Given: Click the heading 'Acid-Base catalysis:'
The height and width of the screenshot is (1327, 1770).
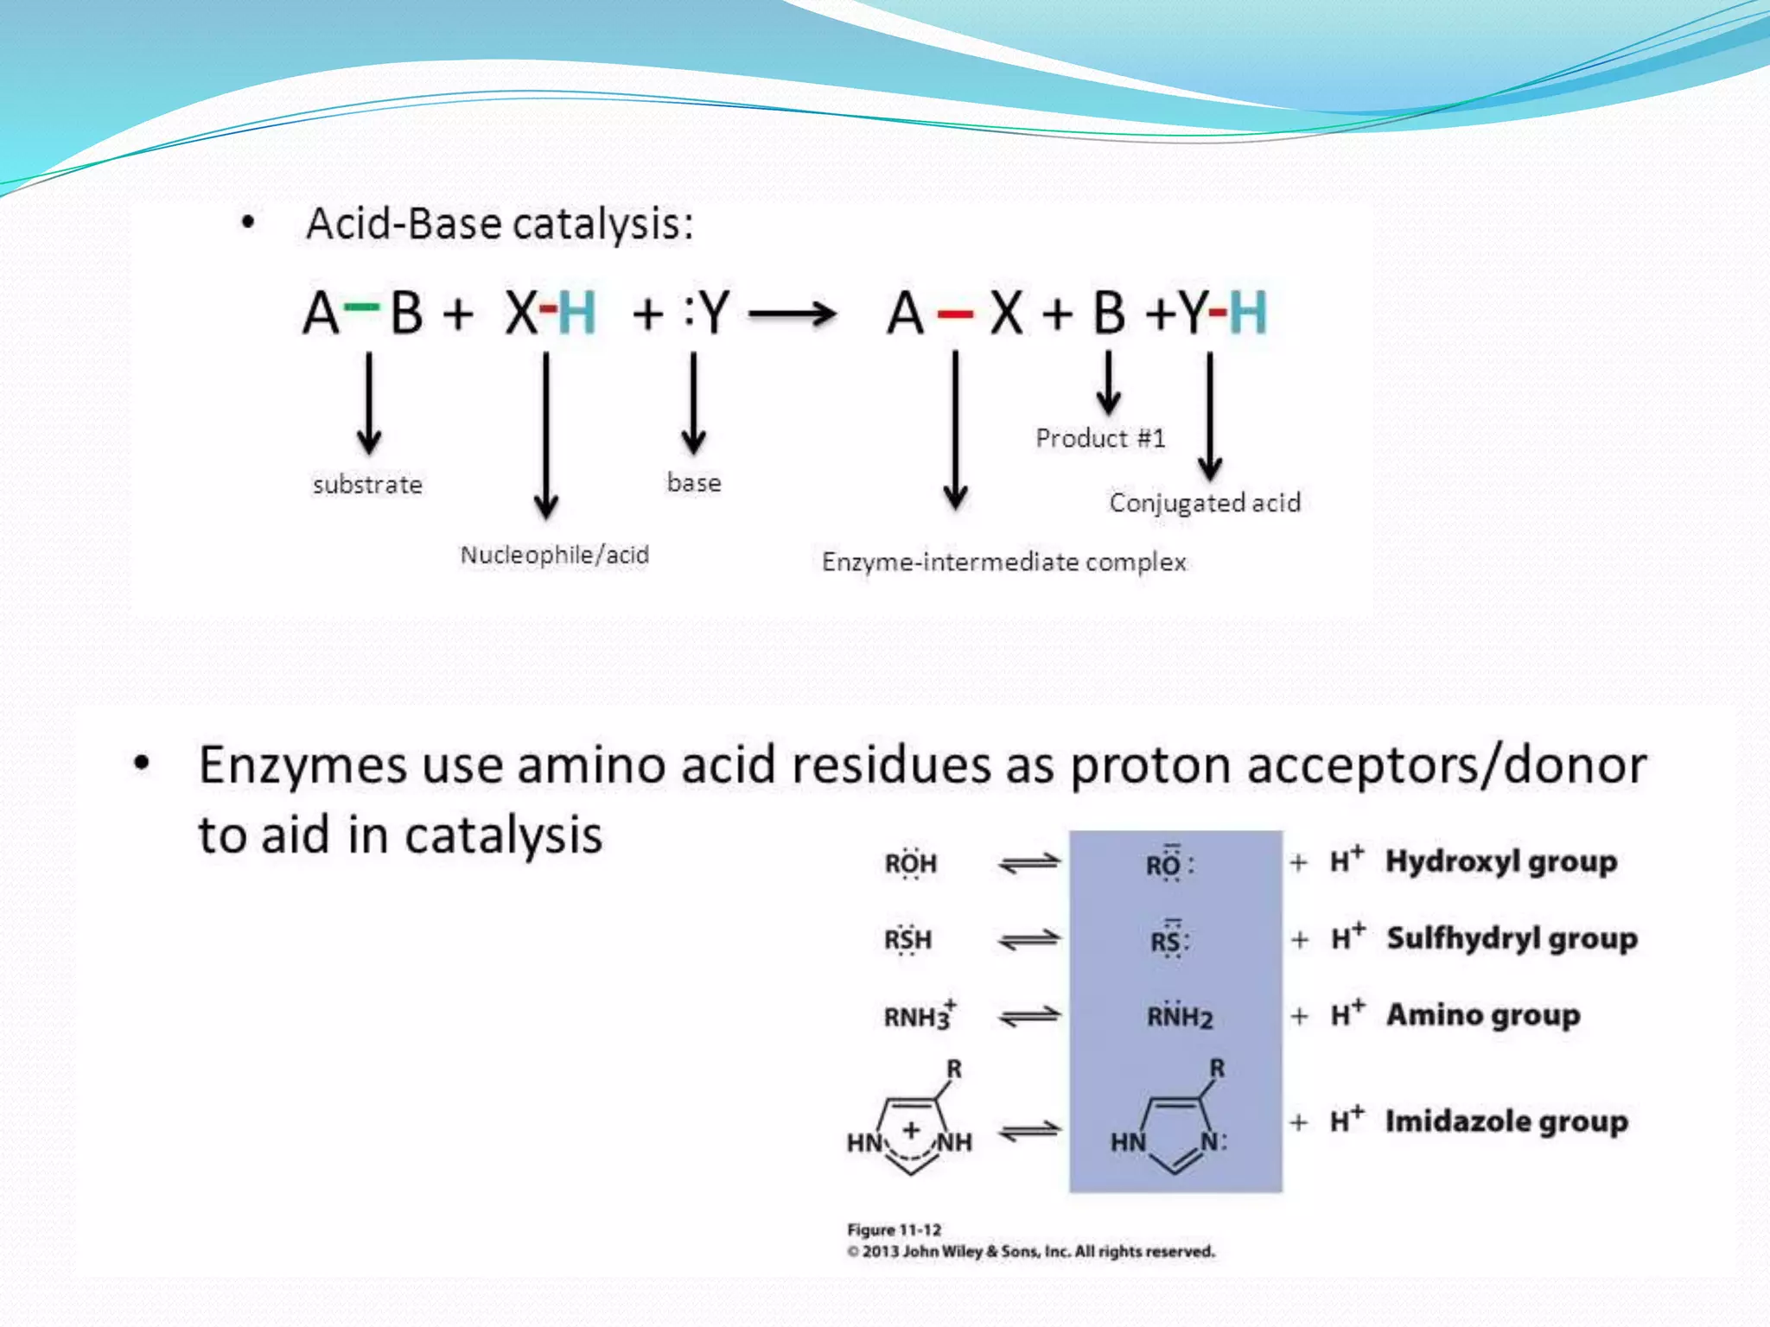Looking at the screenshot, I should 500,225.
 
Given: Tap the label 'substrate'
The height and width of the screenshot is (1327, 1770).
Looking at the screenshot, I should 367,485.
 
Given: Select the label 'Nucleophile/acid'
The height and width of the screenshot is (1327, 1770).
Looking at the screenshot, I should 554,555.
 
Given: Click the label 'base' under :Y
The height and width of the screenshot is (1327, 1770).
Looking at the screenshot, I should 694,482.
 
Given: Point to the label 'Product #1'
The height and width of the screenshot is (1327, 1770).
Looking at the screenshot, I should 1100,439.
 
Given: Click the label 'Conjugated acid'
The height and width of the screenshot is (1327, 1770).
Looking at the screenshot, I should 1205,503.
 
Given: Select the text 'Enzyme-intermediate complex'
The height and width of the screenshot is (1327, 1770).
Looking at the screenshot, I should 1003,562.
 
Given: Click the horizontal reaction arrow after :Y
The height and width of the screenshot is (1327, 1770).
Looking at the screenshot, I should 792,314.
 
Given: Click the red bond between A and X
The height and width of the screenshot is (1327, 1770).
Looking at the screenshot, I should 955,314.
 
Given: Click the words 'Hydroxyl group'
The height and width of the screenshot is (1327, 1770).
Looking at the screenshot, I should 1501,861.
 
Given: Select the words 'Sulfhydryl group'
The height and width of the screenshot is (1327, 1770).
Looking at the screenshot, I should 1512,938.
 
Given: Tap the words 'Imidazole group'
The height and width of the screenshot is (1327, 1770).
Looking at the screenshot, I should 1506,1121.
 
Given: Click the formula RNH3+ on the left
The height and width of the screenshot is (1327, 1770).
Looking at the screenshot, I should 919,1016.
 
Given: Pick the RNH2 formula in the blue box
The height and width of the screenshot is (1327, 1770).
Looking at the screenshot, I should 1179,1017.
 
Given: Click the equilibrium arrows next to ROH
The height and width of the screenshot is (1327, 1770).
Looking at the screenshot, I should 1028,863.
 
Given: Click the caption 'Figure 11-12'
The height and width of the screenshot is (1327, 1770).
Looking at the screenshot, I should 894,1229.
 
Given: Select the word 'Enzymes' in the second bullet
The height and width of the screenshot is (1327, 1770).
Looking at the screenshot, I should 302,765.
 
